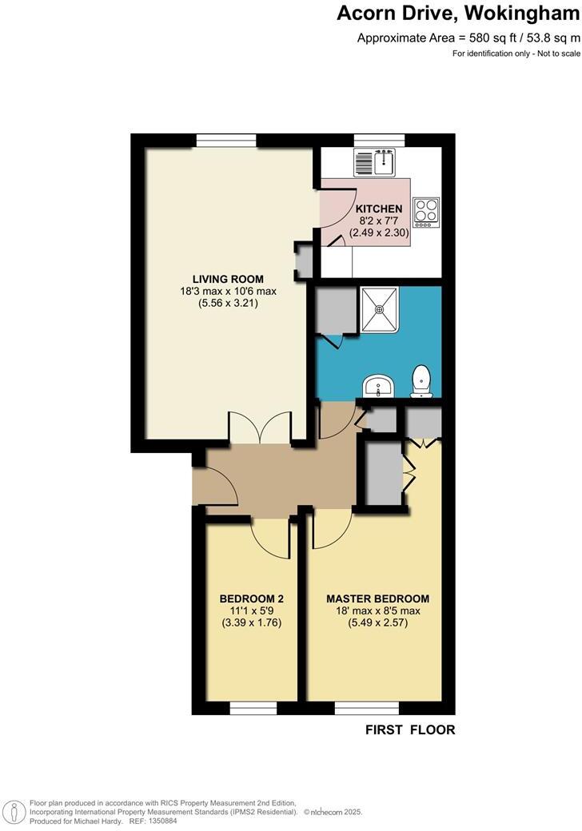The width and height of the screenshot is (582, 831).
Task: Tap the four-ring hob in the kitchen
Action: coord(426,212)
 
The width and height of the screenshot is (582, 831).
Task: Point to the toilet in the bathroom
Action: coord(422,381)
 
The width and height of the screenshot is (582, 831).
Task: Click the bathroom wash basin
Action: coord(377,386)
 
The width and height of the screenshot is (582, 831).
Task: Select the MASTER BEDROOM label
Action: coord(377,598)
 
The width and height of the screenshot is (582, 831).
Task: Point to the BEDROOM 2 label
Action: coord(252,598)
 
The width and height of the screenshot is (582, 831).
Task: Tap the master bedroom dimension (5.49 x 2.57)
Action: coord(377,623)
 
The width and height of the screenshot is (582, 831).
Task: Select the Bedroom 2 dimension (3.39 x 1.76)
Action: coord(252,623)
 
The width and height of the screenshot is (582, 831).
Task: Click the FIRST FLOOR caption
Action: coord(410,730)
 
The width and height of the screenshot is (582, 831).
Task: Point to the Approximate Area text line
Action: coord(468,38)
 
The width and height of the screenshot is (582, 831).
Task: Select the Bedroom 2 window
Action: coord(253,709)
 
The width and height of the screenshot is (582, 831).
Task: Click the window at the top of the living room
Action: coord(226,141)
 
